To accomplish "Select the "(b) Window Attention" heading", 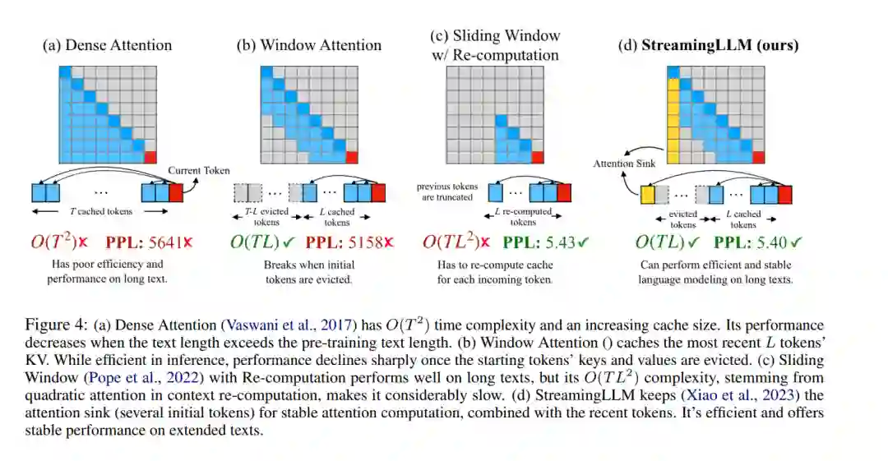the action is pos(309,46).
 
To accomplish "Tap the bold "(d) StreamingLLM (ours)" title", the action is pos(708,46).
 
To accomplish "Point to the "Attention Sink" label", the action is pos(625,164).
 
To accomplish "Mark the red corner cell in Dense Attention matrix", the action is pos(150,157).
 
